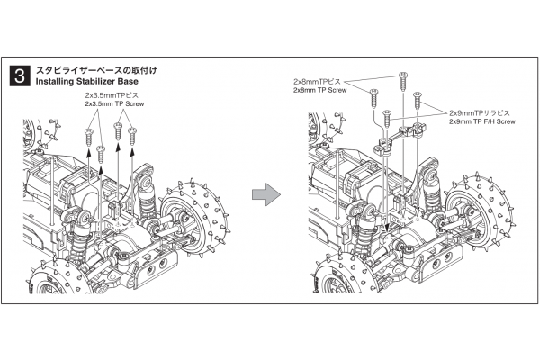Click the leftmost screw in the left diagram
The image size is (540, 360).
click(x=89, y=134)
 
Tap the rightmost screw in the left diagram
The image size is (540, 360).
click(x=132, y=135)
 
